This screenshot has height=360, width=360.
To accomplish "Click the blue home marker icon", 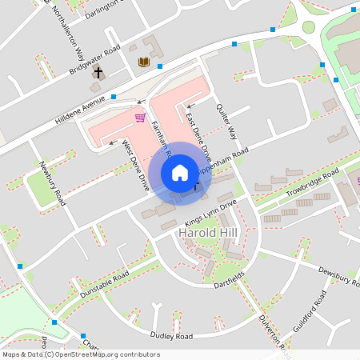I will pos(180,172).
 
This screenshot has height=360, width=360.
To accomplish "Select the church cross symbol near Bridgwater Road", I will pos(98,73).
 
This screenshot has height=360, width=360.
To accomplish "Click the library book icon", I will pos(144,62).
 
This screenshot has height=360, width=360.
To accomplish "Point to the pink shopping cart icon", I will pos(140,118).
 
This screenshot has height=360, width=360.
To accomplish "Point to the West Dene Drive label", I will pos(135,166).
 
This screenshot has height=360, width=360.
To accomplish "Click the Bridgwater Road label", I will pos(94,58).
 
